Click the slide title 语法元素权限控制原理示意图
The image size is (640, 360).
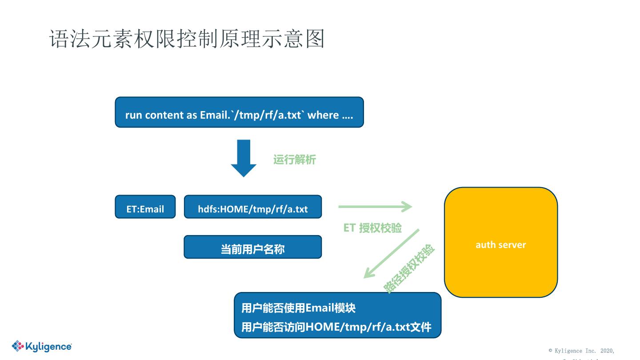[187, 39]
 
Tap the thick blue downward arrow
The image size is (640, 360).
[244, 158]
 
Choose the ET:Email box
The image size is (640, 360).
[145, 207]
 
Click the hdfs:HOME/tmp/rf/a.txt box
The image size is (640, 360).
[252, 207]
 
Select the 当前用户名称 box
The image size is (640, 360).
[252, 247]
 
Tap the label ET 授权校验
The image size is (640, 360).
[372, 228]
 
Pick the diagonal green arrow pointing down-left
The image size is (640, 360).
[391, 253]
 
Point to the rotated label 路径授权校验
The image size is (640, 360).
[409, 269]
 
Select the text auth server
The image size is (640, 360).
[500, 245]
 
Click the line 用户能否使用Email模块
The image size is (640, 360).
[298, 308]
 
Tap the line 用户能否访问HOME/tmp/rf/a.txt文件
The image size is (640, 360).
[336, 328]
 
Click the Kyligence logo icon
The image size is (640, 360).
[18, 346]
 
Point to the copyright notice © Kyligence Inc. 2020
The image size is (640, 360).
[581, 351]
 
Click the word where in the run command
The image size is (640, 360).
[323, 115]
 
